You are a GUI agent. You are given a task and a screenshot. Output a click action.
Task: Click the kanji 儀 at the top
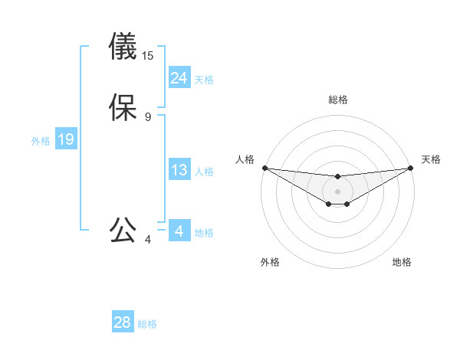coord(123,47)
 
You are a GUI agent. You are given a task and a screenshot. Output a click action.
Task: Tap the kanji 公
coord(123,230)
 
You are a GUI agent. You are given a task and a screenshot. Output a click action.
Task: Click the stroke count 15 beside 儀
coord(148,56)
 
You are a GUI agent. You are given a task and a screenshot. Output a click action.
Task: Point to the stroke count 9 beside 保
coord(148,117)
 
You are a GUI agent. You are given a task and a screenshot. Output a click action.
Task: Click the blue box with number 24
coord(179,78)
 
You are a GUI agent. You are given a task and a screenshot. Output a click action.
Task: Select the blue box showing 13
coord(179,171)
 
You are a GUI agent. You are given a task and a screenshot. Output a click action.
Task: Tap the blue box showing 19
coord(66,140)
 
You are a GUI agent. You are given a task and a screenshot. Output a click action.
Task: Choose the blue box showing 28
coord(123,323)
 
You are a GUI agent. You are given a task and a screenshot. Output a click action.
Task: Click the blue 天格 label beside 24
coord(204,80)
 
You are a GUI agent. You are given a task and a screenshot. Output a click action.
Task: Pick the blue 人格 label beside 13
coord(204,172)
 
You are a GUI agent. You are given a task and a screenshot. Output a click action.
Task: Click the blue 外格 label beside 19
coord(41,141)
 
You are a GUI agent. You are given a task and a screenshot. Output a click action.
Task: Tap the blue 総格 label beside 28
coord(147,324)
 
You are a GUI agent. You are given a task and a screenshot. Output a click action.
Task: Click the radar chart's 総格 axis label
coord(338,100)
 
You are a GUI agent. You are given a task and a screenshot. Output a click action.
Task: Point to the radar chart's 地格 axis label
coord(402,262)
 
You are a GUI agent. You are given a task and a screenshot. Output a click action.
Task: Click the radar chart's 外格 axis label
coord(270,262)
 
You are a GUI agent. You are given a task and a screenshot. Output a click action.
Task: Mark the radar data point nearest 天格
coord(411,168)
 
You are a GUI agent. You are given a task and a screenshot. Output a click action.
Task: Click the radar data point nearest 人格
coord(264,168)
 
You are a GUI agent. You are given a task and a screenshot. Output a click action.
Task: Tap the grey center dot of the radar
coord(338,191)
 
